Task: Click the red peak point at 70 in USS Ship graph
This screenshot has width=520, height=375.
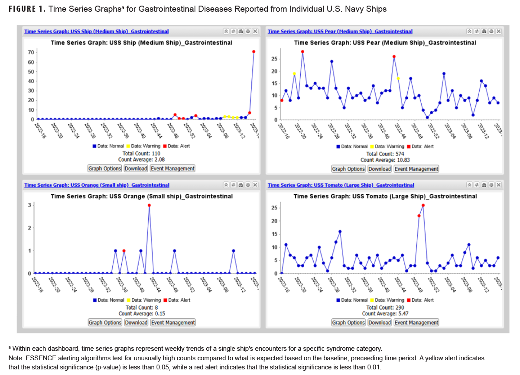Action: tap(253, 52)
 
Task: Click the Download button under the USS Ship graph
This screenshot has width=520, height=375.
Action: tap(136, 168)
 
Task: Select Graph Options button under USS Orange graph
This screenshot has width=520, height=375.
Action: tap(105, 323)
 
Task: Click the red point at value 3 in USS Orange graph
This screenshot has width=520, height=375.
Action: tap(149, 205)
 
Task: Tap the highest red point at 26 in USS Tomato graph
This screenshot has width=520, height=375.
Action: tap(423, 205)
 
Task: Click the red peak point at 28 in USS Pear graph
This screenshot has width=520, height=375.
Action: tap(302, 52)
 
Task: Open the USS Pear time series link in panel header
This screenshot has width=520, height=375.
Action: tap(340, 32)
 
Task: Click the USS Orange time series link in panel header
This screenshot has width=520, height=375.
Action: tap(97, 185)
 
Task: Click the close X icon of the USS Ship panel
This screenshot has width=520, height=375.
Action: tap(255, 32)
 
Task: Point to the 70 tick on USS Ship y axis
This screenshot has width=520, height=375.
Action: tap(31, 52)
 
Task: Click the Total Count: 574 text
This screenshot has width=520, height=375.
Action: tap(385, 154)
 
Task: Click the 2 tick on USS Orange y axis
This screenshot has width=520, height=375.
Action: tap(29, 228)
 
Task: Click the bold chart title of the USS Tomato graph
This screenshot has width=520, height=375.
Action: tap(385, 196)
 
